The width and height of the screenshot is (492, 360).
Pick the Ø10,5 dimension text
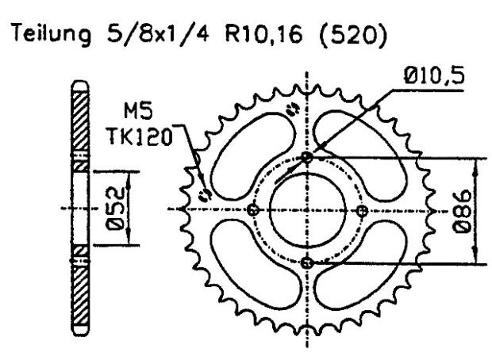[x=435, y=77]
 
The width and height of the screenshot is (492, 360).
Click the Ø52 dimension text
[x=116, y=209]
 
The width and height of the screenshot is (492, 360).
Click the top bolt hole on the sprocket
[x=308, y=158]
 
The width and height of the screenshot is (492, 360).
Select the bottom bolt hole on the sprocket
[x=308, y=262]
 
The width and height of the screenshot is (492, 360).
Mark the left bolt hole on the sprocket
[x=254, y=210]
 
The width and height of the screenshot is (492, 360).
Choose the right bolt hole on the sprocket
[x=362, y=210]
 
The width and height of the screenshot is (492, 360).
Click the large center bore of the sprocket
[x=308, y=210]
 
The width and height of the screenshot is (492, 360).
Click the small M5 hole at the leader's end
[x=204, y=194]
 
